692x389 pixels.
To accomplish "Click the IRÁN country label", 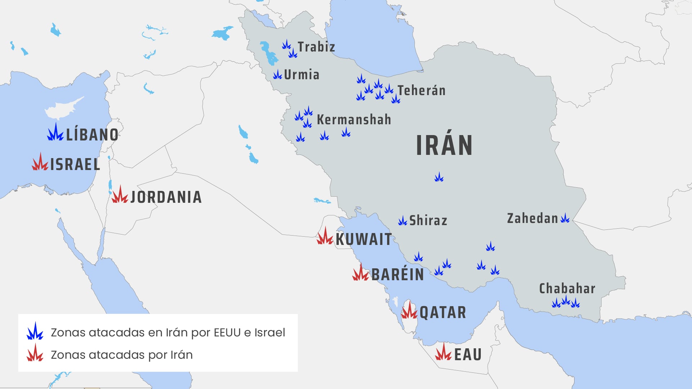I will point(444,145).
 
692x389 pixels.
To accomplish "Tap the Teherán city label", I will point(421,90).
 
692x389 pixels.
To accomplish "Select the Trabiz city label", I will point(316,47).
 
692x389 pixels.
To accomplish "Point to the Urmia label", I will point(302,75).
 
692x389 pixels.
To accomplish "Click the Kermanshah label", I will point(354,120).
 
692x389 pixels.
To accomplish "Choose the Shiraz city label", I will point(428,220).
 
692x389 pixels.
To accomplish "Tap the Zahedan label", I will point(532,218).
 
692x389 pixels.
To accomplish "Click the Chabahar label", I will point(567,289).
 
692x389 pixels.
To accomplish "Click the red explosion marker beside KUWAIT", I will point(325,237).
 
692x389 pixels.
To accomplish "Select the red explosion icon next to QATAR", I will point(409,311).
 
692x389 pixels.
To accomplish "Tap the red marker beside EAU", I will point(443,353).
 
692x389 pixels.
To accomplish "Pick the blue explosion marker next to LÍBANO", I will point(55,133).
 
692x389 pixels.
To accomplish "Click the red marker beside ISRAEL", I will point(40,162).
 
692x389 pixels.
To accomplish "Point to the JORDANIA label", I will point(166,197).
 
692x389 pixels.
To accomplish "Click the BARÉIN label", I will point(398,274).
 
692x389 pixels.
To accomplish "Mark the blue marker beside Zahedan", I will point(565,218).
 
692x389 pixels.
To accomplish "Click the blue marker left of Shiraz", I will point(402,221).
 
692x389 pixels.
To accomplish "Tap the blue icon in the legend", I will point(35,331).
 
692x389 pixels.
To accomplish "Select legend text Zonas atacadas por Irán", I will point(121,355).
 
